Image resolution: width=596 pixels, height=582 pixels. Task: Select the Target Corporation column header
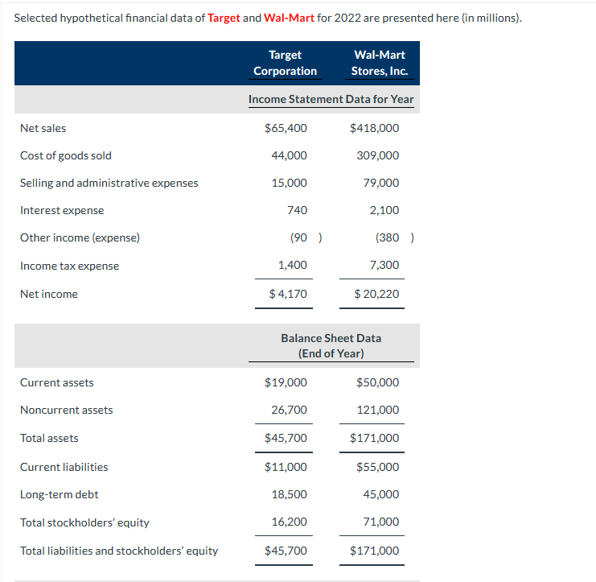click(x=285, y=63)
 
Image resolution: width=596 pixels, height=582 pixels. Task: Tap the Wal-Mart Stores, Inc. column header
click(x=380, y=63)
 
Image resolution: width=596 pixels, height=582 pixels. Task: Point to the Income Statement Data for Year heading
click(x=331, y=99)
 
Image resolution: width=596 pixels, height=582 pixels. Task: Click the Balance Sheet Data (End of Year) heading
click(x=331, y=345)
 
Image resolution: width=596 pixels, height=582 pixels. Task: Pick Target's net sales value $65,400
click(x=286, y=128)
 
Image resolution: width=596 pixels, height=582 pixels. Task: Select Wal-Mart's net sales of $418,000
click(x=375, y=128)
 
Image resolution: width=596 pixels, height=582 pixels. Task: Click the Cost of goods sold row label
click(x=66, y=155)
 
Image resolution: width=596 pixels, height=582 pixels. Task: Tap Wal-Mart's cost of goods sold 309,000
click(x=377, y=155)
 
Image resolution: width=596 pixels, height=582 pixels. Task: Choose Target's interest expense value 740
click(x=297, y=210)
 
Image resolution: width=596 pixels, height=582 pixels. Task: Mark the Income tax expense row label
click(x=69, y=266)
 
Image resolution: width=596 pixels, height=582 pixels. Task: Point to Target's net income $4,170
click(x=288, y=294)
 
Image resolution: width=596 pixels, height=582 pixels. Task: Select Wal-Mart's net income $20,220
click(x=376, y=294)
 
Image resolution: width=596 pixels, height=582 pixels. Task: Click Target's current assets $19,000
click(x=286, y=382)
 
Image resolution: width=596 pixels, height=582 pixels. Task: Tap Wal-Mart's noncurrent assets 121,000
click(x=377, y=410)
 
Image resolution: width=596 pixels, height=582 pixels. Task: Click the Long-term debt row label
click(x=60, y=494)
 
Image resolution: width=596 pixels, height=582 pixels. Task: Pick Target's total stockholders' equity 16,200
click(x=289, y=522)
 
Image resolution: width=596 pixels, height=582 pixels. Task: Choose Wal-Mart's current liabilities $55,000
click(x=377, y=467)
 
